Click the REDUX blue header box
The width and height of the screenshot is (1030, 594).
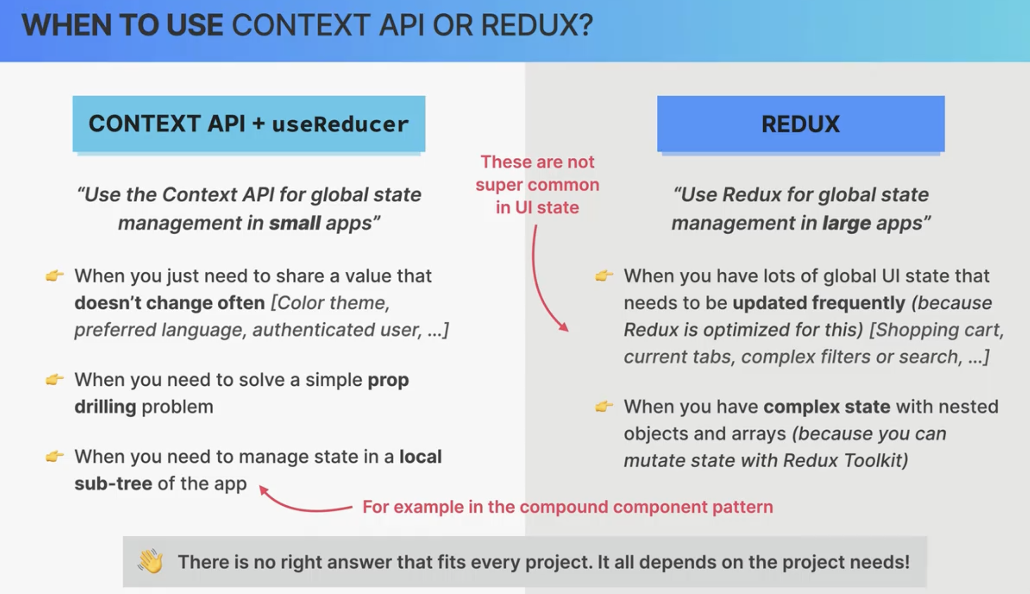pyautogui.click(x=801, y=124)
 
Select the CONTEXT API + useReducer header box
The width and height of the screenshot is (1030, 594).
pyautogui.click(x=249, y=124)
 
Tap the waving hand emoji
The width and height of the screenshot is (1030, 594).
pyautogui.click(x=150, y=561)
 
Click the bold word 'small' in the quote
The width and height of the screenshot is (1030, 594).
pyautogui.click(x=295, y=223)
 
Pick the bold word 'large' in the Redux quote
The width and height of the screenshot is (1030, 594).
pyautogui.click(x=847, y=223)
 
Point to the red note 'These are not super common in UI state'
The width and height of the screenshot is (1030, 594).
pyautogui.click(x=537, y=184)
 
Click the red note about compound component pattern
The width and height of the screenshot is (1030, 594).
pyautogui.click(x=568, y=507)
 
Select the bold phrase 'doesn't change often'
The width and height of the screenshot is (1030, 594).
pyautogui.click(x=170, y=303)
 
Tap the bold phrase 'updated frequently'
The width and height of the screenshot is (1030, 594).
pyautogui.click(x=819, y=303)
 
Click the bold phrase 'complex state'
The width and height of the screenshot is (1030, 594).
pyautogui.click(x=827, y=407)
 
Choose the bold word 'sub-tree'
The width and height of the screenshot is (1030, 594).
pyautogui.click(x=113, y=484)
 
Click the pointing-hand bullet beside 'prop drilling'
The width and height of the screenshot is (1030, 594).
pyautogui.click(x=54, y=379)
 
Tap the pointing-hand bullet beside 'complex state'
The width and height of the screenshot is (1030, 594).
pyautogui.click(x=604, y=406)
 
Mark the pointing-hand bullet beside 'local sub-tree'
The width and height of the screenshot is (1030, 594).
pyautogui.click(x=54, y=456)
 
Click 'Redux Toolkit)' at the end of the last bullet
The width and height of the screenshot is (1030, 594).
pyautogui.click(x=846, y=460)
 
